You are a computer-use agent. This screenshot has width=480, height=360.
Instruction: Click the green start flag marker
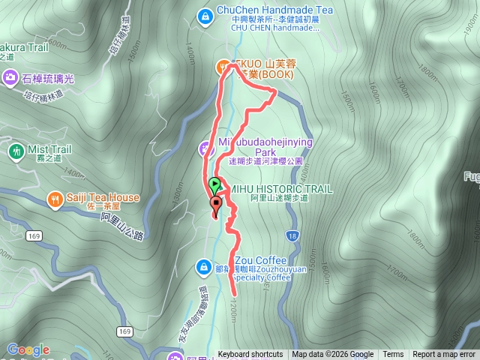215,184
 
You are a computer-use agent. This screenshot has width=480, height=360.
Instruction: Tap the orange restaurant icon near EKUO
223,67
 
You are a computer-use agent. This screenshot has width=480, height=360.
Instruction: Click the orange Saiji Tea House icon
55,199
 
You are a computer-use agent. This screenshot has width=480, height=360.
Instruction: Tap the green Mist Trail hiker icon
14,150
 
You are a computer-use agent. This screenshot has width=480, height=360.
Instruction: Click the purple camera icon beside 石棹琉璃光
10,76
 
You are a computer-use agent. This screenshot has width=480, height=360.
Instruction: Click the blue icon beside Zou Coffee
203,266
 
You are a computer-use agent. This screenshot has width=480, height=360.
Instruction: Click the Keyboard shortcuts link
250,355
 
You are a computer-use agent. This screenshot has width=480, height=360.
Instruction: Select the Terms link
393,355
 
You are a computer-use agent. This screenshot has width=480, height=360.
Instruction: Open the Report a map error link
444,355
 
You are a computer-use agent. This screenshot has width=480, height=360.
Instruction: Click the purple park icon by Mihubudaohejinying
205,148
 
